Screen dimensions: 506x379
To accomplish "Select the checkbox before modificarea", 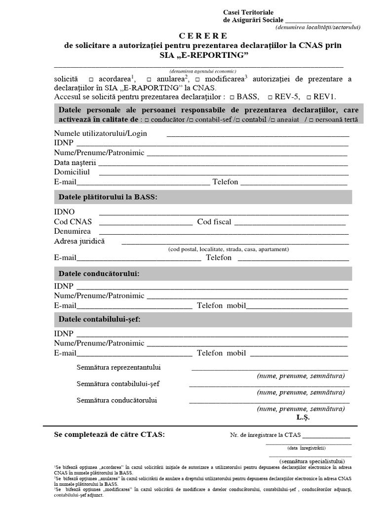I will click(197, 80).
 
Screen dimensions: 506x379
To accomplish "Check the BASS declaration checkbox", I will click(232, 97).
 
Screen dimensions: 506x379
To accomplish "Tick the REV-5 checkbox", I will click(270, 97).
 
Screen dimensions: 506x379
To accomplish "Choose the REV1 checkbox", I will click(309, 97).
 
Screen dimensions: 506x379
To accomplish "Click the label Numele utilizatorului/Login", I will click(100, 133).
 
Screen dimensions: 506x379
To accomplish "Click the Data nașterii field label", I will click(76, 163).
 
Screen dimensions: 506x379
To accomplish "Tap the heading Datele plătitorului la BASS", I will click(108, 197).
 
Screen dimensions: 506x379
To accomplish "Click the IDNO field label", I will click(64, 212).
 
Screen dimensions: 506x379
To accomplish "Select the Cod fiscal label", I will click(214, 222).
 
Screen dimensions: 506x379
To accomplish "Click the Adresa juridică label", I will click(79, 241).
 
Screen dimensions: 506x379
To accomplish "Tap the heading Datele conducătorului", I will click(99, 273).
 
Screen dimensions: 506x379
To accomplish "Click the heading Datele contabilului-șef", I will click(100, 319).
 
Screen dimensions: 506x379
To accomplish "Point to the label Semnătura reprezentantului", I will click(118, 368).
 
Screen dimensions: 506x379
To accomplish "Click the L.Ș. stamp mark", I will click(303, 418).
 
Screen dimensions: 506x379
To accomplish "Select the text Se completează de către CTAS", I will click(109, 434).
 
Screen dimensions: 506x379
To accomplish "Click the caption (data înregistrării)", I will click(306, 448).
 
